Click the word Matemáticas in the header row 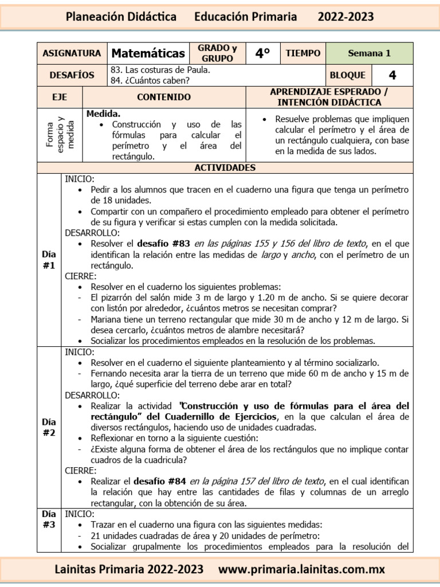point(148,53)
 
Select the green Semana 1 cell point(369,53)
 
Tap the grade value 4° point(262,53)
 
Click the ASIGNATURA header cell point(72,53)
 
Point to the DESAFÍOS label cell point(72,75)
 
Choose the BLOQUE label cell point(348,75)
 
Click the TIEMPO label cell point(303,53)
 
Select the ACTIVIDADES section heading point(225,168)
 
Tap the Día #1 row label point(49,260)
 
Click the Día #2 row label point(49,427)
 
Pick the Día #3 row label point(49,519)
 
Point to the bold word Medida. point(103,114)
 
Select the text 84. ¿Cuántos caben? point(150,80)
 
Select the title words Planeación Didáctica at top point(121,17)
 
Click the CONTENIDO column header point(164,97)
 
